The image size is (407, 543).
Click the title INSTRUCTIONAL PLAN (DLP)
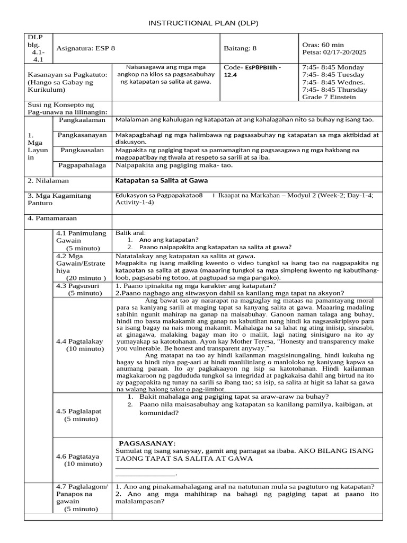[x=203, y=24]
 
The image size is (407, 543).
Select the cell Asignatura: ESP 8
[x=85, y=48]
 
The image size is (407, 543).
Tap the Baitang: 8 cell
[x=240, y=48]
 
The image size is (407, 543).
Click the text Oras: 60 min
[x=323, y=45]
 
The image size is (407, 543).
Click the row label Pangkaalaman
[x=82, y=120]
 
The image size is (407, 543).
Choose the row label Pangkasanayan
[x=82, y=135]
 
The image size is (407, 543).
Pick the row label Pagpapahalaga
[x=82, y=165]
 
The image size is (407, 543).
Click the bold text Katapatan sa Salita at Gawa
[x=162, y=180]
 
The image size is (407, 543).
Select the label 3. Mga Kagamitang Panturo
[x=59, y=199]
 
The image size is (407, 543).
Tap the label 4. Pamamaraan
[x=52, y=218]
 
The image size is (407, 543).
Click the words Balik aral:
[x=130, y=233]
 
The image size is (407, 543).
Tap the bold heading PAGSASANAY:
[x=147, y=443]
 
